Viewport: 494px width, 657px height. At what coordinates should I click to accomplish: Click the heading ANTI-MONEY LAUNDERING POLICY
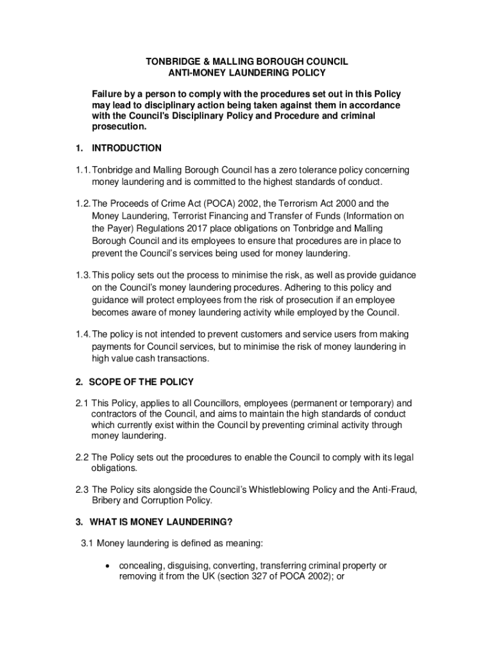(x=246, y=73)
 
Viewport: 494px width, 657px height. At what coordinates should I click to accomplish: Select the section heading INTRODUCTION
(x=126, y=148)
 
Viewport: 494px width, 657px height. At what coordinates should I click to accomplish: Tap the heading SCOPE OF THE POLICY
(x=141, y=382)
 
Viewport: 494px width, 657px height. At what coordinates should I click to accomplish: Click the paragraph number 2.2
(x=81, y=457)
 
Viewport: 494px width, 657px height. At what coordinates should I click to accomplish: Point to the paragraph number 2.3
(x=81, y=490)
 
